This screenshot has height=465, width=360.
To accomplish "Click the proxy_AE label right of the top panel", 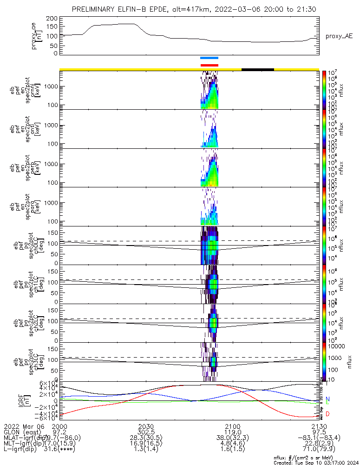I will pyautogui.click(x=339, y=36).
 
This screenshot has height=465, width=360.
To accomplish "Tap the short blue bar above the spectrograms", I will pyautogui.click(x=209, y=58).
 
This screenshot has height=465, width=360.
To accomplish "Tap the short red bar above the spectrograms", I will pyautogui.click(x=209, y=65).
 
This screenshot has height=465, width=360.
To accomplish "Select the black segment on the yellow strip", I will pyautogui.click(x=258, y=69).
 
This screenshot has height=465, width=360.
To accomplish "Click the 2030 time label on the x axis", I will pyautogui.click(x=146, y=426).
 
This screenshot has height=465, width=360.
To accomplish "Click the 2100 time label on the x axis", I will pyautogui.click(x=232, y=426).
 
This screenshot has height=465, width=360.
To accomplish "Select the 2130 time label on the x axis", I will pyautogui.click(x=319, y=426).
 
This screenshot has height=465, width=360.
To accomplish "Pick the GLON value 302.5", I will pyautogui.click(x=146, y=432).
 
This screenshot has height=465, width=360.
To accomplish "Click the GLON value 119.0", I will pyautogui.click(x=232, y=432).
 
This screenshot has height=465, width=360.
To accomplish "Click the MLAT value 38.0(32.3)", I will pyautogui.click(x=232, y=438).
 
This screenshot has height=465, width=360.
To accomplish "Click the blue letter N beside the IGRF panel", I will pyautogui.click(x=328, y=399).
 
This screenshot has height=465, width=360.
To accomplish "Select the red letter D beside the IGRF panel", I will pyautogui.click(x=328, y=414).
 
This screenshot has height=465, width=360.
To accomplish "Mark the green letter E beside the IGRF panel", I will pyautogui.click(x=328, y=403).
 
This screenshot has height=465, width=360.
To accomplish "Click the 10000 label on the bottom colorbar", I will pyautogui.click(x=335, y=346).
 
